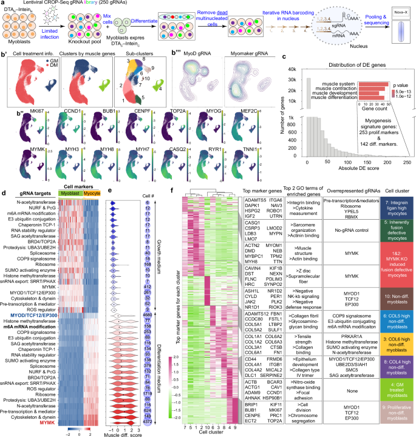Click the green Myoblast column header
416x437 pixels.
click(x=68, y=192)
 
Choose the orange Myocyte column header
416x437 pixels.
click(x=92, y=192)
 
